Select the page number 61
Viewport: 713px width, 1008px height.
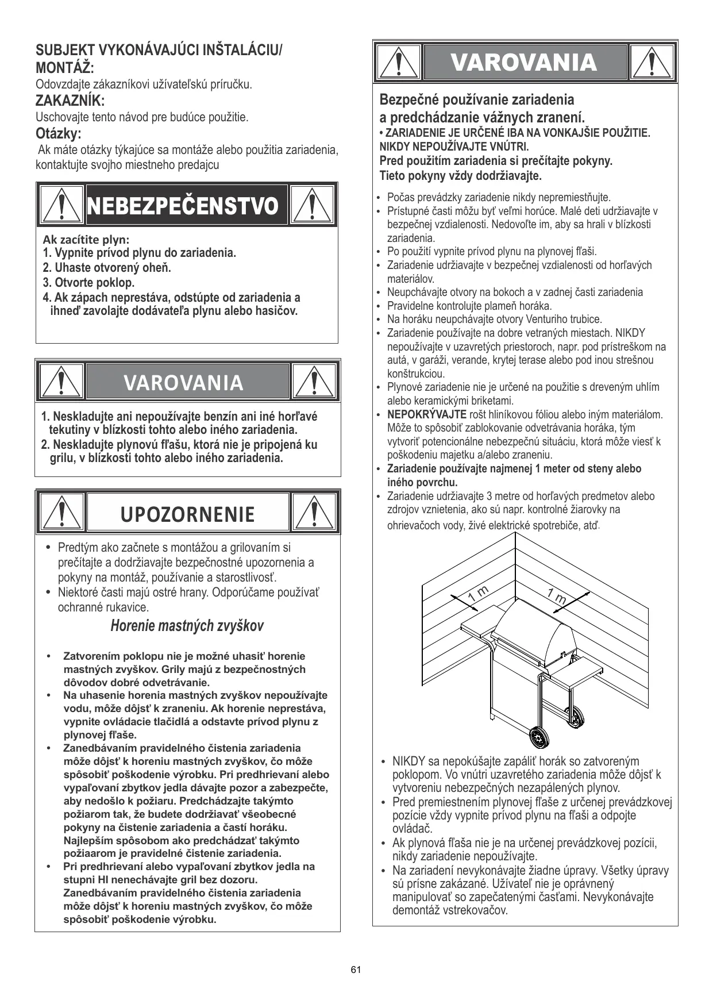pyautogui.click(x=356, y=970)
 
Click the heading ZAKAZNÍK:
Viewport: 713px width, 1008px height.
pyautogui.click(x=70, y=101)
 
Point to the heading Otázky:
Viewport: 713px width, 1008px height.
pyautogui.click(x=59, y=134)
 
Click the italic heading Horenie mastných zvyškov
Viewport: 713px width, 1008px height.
pyautogui.click(x=187, y=626)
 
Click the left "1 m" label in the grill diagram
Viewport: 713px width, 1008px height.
pyautogui.click(x=477, y=595)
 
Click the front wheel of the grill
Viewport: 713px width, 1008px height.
pyautogui.click(x=538, y=736)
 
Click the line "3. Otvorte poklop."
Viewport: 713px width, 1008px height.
pyautogui.click(x=89, y=283)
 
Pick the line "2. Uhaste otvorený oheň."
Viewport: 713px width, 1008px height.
pyautogui.click(x=107, y=268)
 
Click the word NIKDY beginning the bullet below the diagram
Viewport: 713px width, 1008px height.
pyautogui.click(x=408, y=761)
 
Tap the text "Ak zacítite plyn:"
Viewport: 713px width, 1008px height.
pyautogui.click(x=86, y=239)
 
